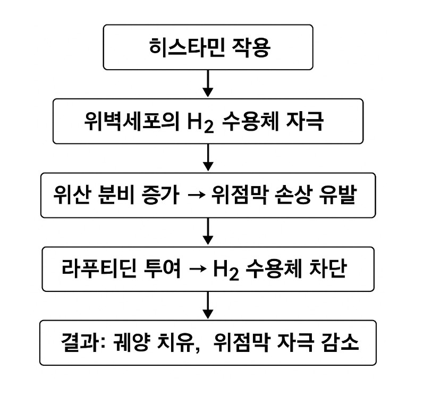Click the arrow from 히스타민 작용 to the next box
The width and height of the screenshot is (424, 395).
point(208,83)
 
